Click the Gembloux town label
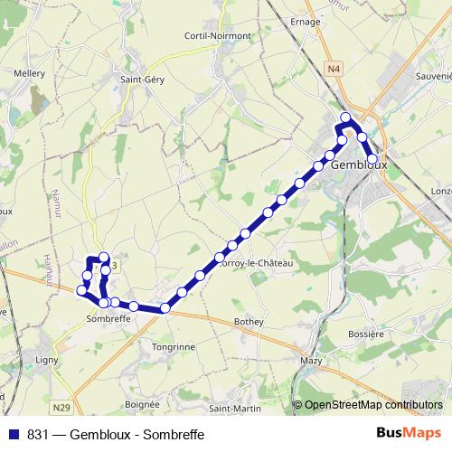click(359, 166)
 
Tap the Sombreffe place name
click(110, 319)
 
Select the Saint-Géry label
click(141, 79)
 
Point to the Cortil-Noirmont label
click(217, 35)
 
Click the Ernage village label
click(306, 22)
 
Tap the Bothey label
click(249, 321)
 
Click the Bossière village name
click(366, 334)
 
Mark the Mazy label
click(310, 361)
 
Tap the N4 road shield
click(335, 68)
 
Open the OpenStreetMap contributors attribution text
click(372, 405)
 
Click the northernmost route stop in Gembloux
click(345, 118)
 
